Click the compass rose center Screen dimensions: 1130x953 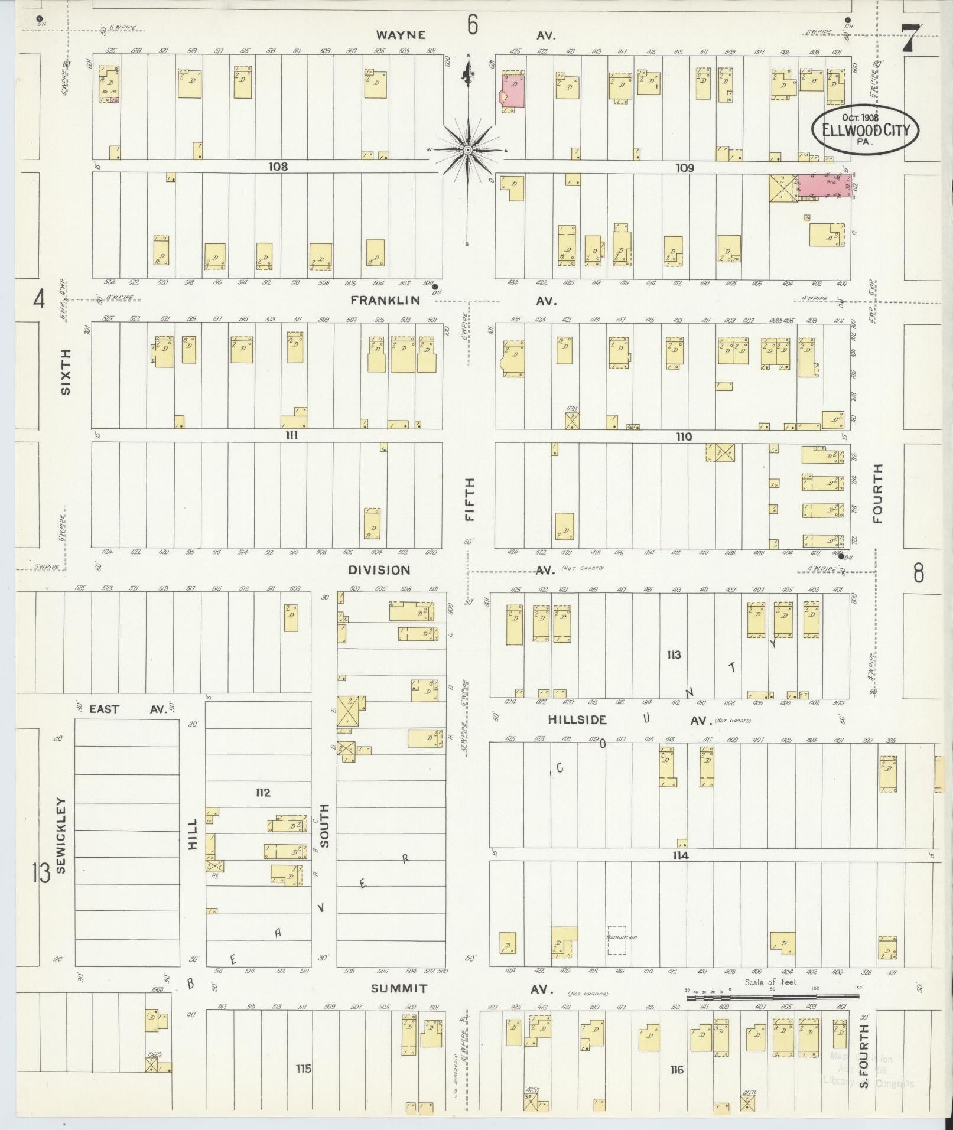coord(467,150)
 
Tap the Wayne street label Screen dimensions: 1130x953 coord(401,35)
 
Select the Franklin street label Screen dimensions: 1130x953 coord(385,300)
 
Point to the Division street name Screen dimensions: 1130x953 coord(379,570)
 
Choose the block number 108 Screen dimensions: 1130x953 coord(278,167)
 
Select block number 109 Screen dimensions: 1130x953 coord(684,168)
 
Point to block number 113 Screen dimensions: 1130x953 coord(674,654)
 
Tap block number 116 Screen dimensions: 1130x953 coord(676,1070)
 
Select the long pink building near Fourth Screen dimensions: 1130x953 coord(825,185)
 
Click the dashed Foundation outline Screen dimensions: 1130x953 coord(616,940)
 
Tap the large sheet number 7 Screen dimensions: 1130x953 coord(910,38)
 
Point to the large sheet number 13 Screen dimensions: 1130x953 coord(41,873)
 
